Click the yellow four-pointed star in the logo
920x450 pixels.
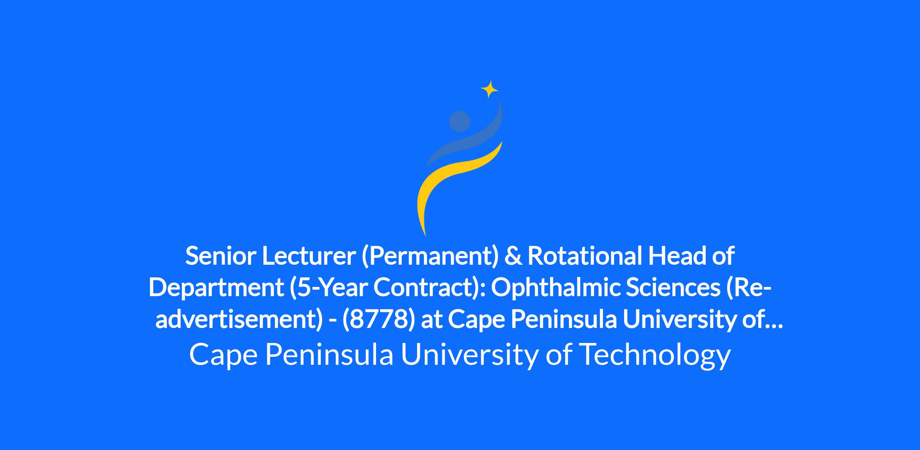[490, 90]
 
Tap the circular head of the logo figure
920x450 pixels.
[460, 121]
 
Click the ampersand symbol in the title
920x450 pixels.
[513, 256]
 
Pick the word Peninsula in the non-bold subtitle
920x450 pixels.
[329, 354]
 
